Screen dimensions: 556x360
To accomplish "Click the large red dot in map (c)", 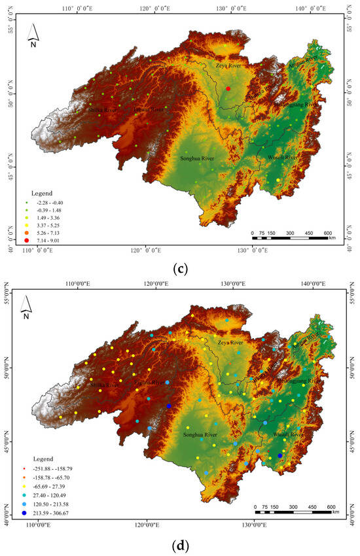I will pos(228,88).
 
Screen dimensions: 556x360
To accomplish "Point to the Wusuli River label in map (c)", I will pos(283,157).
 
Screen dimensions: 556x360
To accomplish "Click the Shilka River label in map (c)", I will pos(103,110).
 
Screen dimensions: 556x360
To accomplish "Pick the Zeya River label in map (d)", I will pos(229,342).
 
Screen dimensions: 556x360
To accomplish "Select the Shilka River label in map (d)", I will pos(103,386).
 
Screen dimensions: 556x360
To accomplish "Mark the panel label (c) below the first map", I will pos(180,269).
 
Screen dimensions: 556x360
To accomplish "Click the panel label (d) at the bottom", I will pos(180,544).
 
